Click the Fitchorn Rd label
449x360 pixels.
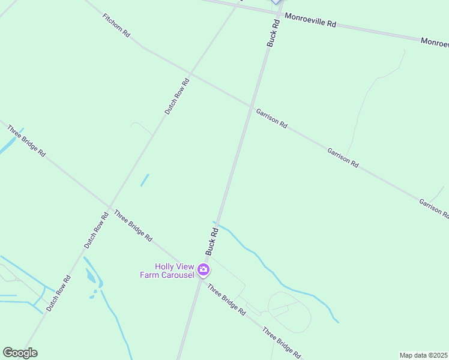coord(116,26)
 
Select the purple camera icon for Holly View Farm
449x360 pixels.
coord(203,270)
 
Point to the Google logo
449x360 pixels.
coord(20,353)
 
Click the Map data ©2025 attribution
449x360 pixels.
coord(423,355)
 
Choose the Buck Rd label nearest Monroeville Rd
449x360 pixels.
coord(273,34)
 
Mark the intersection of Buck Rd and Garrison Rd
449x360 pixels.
coord(250,107)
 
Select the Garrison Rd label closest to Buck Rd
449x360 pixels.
coord(271,118)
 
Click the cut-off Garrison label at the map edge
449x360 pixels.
coord(433,208)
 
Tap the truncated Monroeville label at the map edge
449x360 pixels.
coord(434,42)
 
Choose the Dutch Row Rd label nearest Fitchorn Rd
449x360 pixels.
coord(177,96)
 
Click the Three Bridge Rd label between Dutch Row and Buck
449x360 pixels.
coord(133,226)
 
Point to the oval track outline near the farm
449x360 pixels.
coord(290,311)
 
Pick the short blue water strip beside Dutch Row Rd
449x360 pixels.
coord(145,180)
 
